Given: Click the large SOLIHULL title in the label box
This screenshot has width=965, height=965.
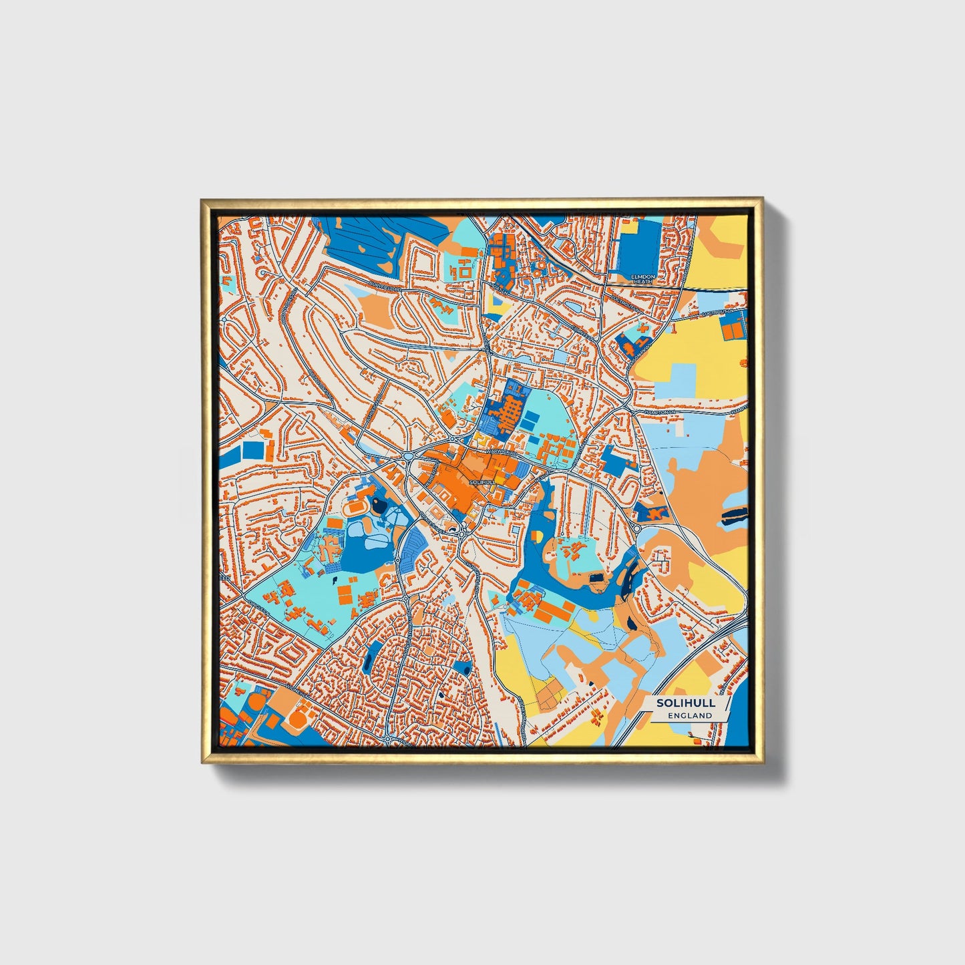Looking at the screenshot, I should coord(686,703).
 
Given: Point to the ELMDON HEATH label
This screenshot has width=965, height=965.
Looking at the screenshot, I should coord(644,278).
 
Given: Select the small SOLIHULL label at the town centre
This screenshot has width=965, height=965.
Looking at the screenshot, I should coord(483,481).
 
